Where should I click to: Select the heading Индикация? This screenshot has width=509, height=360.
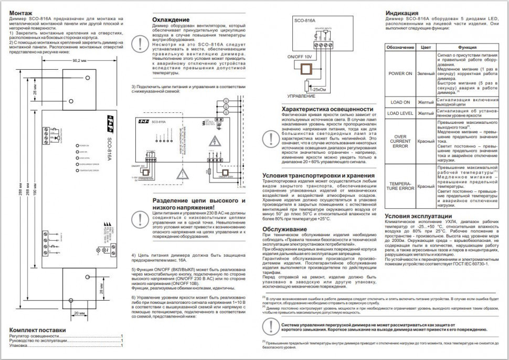pyautogui.click(x=402, y=13)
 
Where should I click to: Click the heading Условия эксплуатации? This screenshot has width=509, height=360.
pyautogui.click(x=418, y=216)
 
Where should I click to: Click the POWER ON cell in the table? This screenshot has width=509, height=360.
pyautogui.click(x=400, y=73)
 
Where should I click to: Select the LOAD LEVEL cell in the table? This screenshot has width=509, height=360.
pyautogui.click(x=400, y=113)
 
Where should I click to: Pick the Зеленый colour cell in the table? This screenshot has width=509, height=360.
pyautogui.click(x=426, y=73)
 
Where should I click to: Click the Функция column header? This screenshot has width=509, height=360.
pyautogui.click(x=466, y=47)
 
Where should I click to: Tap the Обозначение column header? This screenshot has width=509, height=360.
pyautogui.click(x=400, y=47)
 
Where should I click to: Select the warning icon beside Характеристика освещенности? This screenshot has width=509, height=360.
pyautogui.click(x=271, y=138)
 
